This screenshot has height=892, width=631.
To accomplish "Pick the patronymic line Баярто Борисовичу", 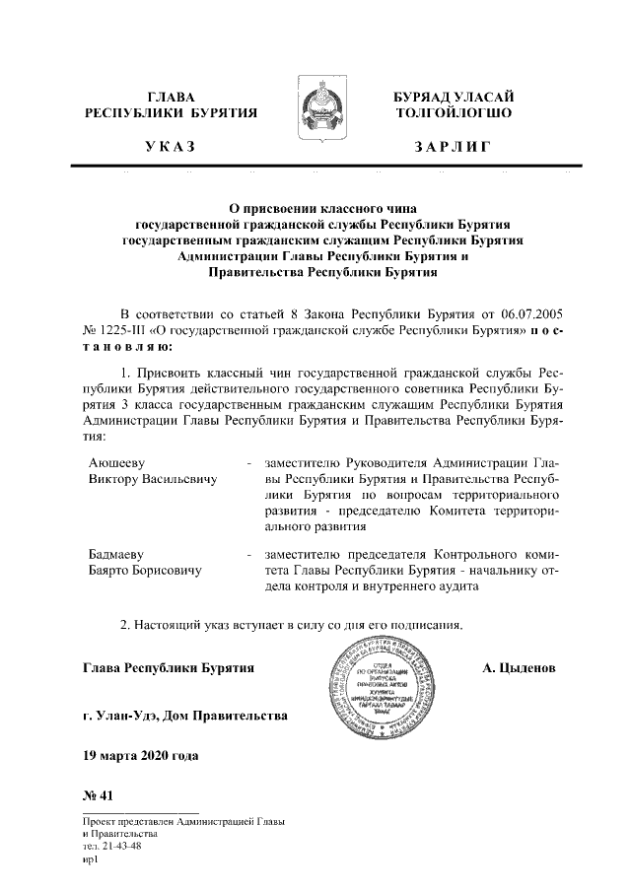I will tap(145, 571).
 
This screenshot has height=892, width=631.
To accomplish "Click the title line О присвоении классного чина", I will tap(315, 208).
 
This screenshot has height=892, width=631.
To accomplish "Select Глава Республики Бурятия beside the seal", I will tap(170, 668).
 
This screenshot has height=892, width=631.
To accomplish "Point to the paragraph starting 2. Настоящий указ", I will tap(291, 624).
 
